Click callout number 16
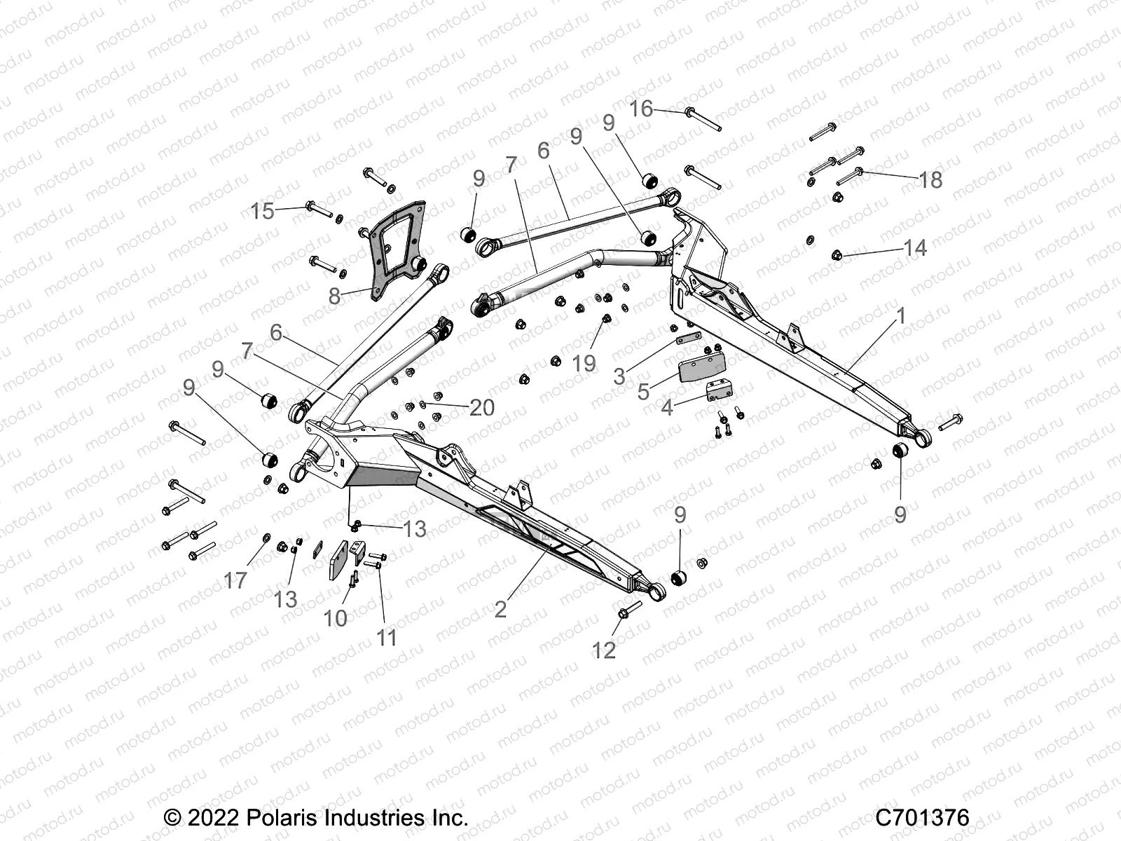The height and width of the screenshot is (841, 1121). [641, 109]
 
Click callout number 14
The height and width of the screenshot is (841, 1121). [915, 248]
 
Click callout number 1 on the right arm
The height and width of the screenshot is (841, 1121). [902, 316]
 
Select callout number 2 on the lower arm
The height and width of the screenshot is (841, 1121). [500, 608]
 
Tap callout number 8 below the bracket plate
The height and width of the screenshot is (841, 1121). [335, 296]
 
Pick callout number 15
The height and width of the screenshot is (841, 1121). [263, 210]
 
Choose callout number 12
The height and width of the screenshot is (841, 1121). [604, 650]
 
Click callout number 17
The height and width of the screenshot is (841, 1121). [235, 580]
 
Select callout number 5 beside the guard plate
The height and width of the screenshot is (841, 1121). [643, 392]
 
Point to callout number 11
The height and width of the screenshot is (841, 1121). [387, 637]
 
